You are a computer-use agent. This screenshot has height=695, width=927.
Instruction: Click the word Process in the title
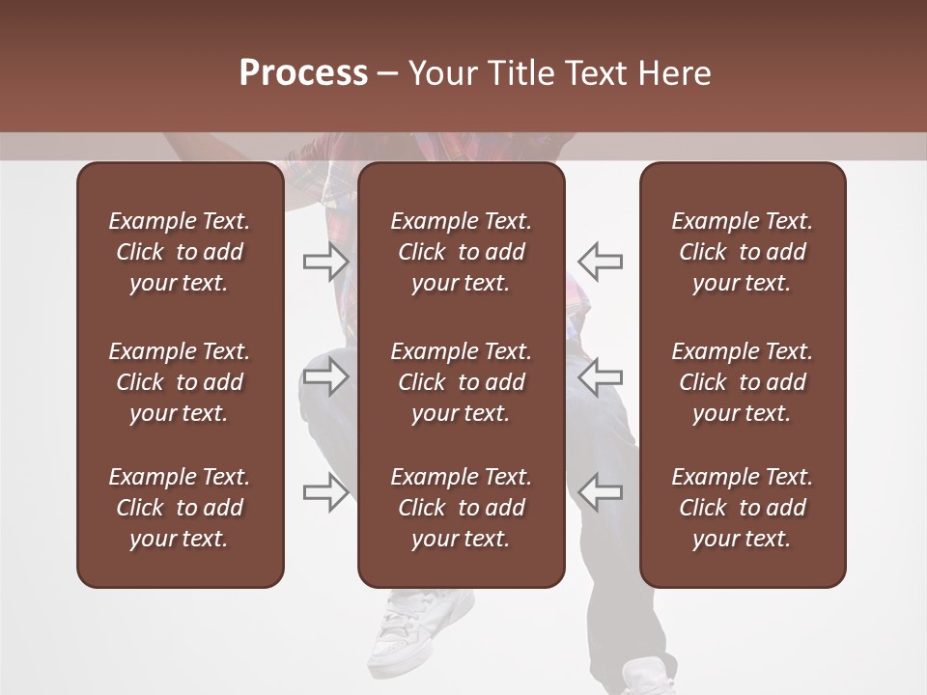303,73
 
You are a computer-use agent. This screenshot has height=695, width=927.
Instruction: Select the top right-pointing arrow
325,261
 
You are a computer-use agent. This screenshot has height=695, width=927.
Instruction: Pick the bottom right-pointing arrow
325,492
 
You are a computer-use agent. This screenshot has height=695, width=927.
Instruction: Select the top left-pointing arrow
601,261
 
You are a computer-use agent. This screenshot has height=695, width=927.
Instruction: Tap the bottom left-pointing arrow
601,492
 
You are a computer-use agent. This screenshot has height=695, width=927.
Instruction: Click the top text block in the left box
180,252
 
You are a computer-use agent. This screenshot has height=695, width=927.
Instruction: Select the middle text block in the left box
180,382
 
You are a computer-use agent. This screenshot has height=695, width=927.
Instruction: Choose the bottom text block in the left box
180,508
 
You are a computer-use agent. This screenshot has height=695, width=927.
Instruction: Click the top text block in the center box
462,252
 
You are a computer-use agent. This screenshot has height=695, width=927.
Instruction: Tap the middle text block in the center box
462,382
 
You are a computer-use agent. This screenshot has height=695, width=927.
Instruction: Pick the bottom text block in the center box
462,508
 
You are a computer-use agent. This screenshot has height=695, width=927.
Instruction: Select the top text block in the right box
743,252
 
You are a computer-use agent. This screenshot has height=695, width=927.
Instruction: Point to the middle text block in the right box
743,382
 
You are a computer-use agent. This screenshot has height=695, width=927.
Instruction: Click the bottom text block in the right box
743,508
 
